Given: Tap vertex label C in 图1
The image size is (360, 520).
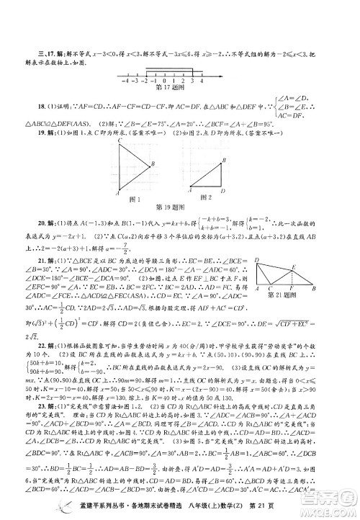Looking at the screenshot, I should click(x=117, y=141).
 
